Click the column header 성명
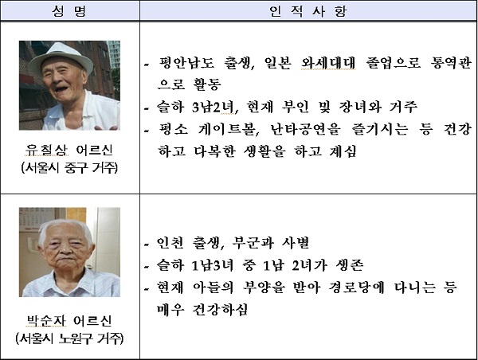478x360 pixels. [69, 11]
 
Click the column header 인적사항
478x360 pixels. [308, 11]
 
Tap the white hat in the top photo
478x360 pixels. [61, 57]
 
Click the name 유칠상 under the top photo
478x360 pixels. [47, 150]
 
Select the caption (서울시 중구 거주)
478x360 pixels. [69, 167]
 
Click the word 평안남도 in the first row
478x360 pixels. [186, 63]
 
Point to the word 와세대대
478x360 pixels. [328, 63]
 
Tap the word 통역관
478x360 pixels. [451, 63]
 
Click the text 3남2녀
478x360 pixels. [213, 107]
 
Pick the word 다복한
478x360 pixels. [214, 151]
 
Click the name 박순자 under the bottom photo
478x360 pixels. [47, 321]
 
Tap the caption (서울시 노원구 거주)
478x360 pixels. [69, 338]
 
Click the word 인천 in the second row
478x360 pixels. [170, 243]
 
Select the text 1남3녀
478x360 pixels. [213, 265]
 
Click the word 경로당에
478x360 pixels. [356, 288]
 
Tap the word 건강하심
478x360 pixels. [220, 309]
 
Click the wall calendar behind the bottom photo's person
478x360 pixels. [33, 218]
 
